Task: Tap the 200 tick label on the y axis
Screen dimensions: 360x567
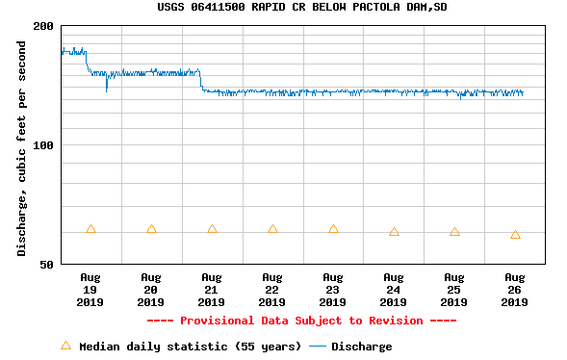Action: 43,26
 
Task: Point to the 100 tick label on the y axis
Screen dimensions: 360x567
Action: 43,145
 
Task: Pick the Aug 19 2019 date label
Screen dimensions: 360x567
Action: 90,289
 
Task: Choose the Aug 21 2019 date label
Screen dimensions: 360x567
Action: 212,289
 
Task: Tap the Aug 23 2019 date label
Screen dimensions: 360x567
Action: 333,289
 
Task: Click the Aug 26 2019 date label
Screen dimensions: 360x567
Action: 515,289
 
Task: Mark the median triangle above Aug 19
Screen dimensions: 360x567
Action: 90,229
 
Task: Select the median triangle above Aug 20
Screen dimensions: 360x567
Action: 151,229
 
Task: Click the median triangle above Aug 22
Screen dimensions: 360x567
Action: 272,229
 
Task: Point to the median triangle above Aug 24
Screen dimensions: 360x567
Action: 394,232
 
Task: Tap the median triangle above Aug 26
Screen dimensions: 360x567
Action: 515,235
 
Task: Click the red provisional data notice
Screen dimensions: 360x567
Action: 301,321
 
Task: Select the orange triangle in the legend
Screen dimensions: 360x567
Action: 65,346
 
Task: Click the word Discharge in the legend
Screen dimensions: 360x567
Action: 361,347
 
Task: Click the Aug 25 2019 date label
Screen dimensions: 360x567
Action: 454,289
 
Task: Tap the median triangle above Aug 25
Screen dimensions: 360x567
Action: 454,232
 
